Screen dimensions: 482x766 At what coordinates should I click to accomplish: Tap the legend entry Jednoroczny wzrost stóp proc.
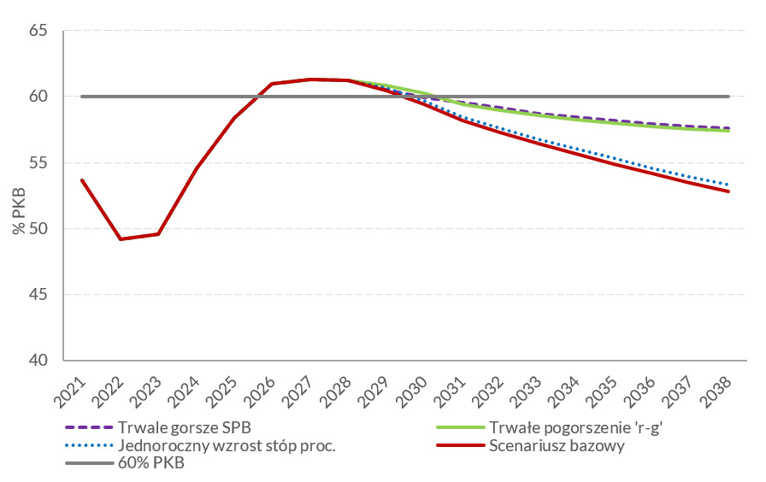[x=227, y=445]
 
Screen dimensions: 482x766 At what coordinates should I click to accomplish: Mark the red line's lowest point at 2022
[x=120, y=238]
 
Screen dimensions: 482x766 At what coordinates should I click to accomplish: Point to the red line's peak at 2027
[x=309, y=79]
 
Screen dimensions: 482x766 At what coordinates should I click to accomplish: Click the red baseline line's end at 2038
[x=728, y=191]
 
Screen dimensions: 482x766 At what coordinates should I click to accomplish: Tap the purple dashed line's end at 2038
[x=728, y=128]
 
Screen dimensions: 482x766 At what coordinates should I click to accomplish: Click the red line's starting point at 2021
[x=81, y=179]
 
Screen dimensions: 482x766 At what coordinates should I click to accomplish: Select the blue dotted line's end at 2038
[x=728, y=185]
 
